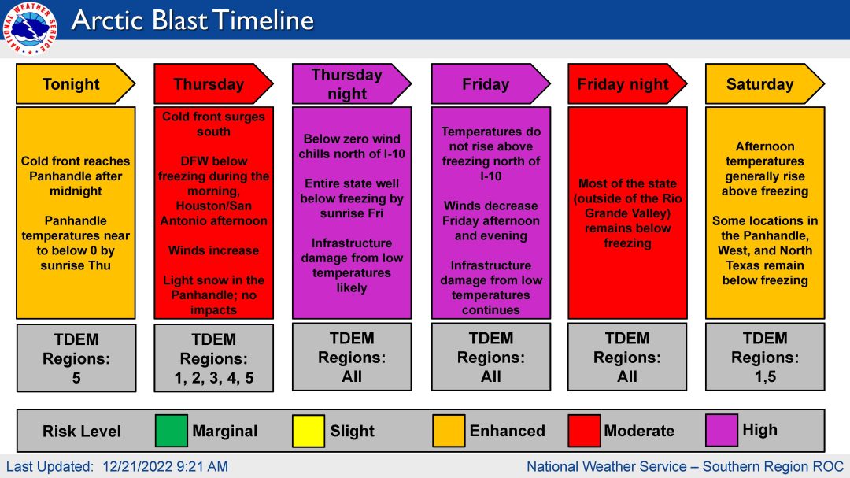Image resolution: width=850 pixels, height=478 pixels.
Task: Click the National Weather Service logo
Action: point(29,28)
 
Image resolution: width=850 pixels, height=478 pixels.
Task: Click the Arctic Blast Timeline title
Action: point(193,20)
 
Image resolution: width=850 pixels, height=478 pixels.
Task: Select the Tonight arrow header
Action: point(76,84)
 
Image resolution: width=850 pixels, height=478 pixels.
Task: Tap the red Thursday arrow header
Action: point(213,84)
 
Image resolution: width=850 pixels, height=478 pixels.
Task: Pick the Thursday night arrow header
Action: point(352,84)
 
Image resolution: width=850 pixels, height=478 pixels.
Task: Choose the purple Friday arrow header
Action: point(490,84)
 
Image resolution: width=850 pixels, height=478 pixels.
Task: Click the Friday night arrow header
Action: point(627,84)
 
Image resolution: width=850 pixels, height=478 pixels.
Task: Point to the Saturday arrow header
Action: point(765,84)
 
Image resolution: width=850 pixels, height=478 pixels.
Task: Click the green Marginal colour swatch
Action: point(172,431)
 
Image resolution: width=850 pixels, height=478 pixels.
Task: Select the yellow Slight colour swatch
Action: point(309,431)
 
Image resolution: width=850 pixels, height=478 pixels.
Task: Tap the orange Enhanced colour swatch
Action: point(449,431)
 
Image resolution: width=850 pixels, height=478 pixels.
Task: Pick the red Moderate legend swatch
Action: point(584,431)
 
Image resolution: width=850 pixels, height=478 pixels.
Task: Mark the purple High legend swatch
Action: point(722,430)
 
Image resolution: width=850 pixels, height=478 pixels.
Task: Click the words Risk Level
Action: point(82,432)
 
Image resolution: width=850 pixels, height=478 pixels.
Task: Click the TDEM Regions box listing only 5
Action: point(76,358)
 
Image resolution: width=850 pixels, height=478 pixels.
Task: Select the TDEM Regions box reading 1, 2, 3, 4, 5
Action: point(213,358)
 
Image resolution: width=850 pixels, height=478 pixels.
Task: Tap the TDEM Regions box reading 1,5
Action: point(765,357)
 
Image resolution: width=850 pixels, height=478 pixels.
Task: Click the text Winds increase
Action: point(213,250)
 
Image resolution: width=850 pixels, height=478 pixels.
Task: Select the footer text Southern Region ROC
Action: point(773,467)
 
